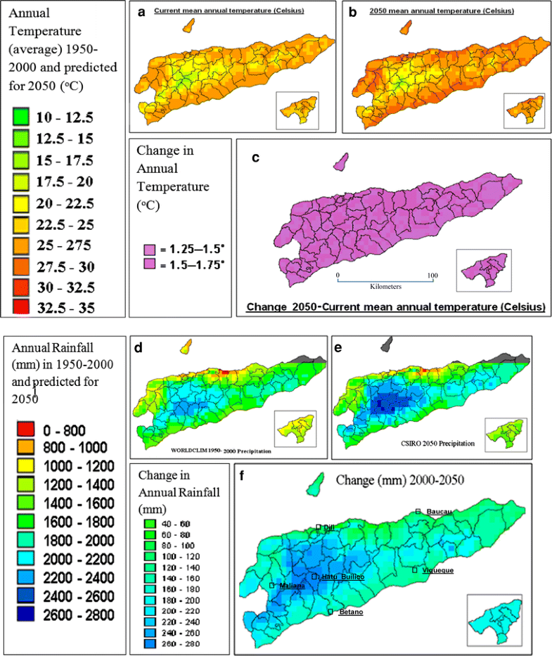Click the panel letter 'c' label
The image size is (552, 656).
point(256,158)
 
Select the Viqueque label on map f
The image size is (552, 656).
point(436,570)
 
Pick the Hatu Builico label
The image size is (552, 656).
point(342,577)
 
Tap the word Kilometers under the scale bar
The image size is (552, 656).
point(385,287)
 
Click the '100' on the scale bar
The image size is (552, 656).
point(432,274)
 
